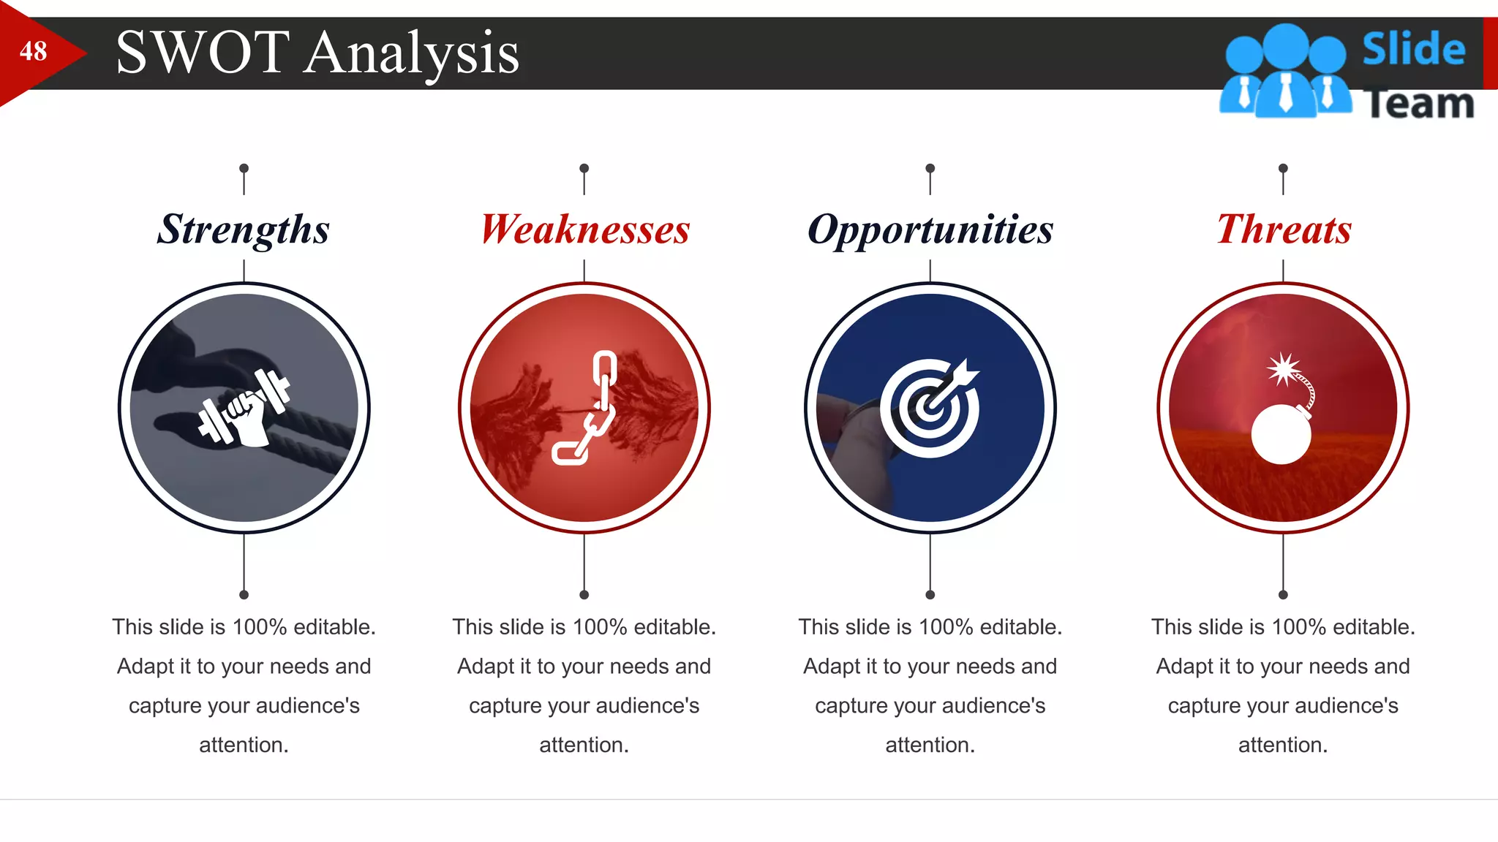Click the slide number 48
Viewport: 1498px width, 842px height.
point(33,52)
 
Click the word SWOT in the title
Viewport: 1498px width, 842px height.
point(203,53)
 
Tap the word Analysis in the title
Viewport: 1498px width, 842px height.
point(411,54)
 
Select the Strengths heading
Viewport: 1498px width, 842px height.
point(244,230)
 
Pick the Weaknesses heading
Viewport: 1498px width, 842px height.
point(585,230)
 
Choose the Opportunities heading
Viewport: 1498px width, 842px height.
point(930,230)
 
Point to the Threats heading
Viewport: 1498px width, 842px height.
point(1284,230)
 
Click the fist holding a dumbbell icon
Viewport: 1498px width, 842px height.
point(244,408)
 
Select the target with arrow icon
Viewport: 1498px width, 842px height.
point(930,408)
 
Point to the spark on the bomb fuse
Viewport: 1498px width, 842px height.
point(1283,369)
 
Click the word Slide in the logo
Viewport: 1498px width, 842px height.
point(1413,50)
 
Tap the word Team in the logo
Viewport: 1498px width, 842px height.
point(1419,104)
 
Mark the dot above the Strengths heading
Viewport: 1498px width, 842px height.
point(244,168)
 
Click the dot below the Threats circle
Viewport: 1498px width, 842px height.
point(1283,595)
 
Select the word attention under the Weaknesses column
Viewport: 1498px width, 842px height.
point(583,745)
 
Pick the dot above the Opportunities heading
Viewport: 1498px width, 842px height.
point(930,168)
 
